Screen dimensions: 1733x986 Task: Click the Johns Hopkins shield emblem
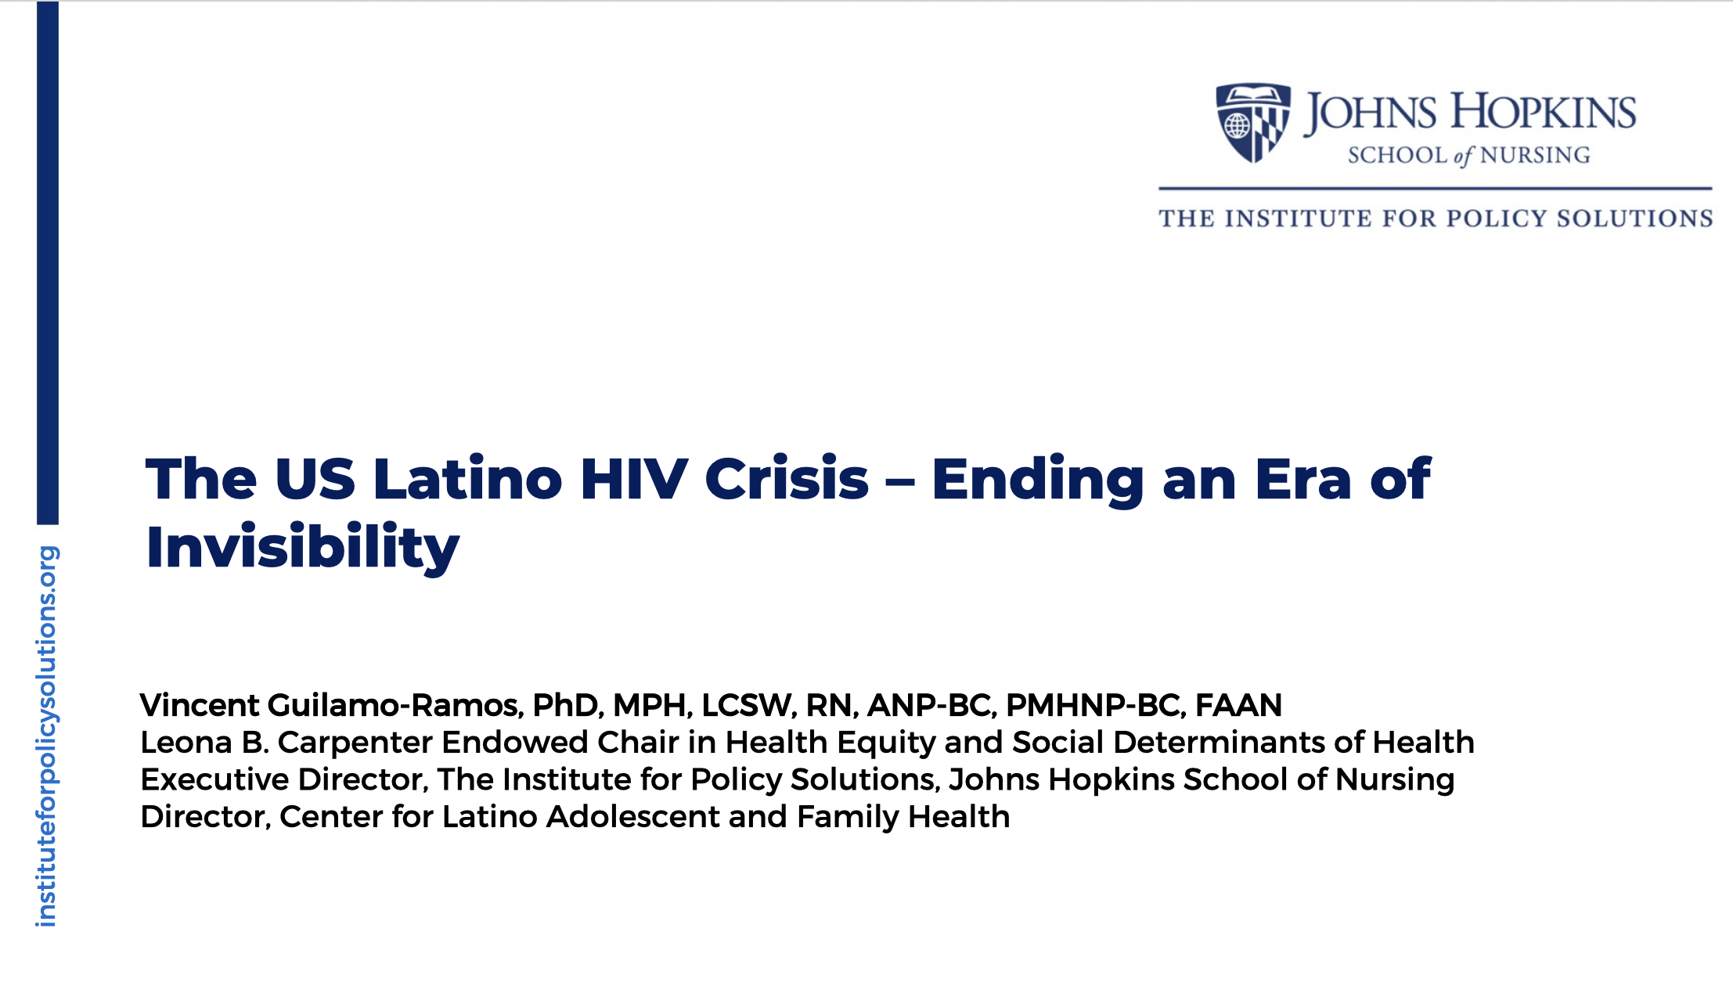(x=1252, y=122)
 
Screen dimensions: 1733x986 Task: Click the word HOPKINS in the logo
(x=1544, y=112)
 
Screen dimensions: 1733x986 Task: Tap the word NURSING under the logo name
(x=1535, y=155)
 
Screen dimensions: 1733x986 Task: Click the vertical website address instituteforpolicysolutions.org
(x=46, y=736)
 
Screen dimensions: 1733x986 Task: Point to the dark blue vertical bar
(x=48, y=262)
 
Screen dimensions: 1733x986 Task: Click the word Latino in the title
(x=467, y=479)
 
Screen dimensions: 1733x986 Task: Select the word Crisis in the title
(x=787, y=479)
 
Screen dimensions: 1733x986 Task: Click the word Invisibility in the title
(x=302, y=547)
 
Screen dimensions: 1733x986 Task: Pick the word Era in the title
(x=1303, y=479)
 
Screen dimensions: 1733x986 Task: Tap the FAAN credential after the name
(x=1238, y=705)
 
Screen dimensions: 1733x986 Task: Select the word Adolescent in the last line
(x=632, y=816)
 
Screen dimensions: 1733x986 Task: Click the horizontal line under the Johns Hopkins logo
(x=1436, y=189)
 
